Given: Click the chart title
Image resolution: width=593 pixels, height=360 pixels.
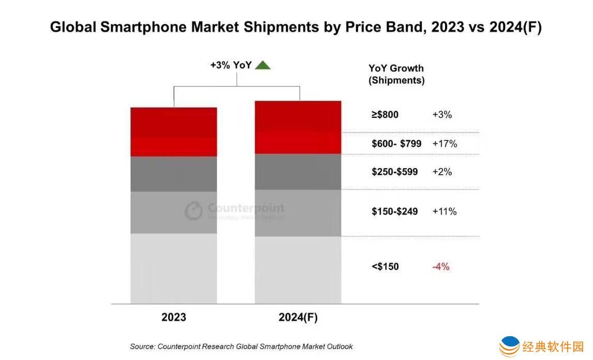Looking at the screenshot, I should (x=295, y=27).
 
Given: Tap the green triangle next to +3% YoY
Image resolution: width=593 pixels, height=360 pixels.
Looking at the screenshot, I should (x=263, y=65).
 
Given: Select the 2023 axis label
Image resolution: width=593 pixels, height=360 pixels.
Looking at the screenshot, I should (x=173, y=317).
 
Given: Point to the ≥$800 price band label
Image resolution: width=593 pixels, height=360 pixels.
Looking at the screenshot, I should (x=385, y=115).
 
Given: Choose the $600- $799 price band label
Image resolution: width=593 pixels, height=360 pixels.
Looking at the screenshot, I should (x=396, y=144).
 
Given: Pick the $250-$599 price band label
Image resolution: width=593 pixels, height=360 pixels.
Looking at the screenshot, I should (x=394, y=172).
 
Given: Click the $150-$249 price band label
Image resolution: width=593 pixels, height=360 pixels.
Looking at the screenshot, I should (x=394, y=211).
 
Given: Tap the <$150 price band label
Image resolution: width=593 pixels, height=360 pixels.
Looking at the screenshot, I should (x=385, y=267).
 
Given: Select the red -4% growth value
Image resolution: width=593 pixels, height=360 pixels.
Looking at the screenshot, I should (x=441, y=267).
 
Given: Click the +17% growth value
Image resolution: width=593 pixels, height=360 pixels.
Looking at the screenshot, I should (x=444, y=144).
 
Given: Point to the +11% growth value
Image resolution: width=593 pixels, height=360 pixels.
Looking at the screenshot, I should (x=444, y=211).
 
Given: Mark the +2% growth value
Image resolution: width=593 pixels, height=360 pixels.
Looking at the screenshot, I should (x=442, y=172).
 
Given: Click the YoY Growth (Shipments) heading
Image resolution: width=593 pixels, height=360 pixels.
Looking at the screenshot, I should (x=396, y=74).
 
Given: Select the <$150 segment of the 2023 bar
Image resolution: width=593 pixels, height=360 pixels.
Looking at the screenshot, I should (x=173, y=268).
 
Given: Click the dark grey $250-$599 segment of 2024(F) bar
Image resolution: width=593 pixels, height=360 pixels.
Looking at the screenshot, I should (x=298, y=172).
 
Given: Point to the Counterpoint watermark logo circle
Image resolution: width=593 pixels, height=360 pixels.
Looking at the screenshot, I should (x=194, y=211).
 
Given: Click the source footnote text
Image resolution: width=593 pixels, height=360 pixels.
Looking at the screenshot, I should (x=241, y=346).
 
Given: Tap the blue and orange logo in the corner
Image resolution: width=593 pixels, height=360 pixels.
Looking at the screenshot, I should (x=510, y=345).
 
